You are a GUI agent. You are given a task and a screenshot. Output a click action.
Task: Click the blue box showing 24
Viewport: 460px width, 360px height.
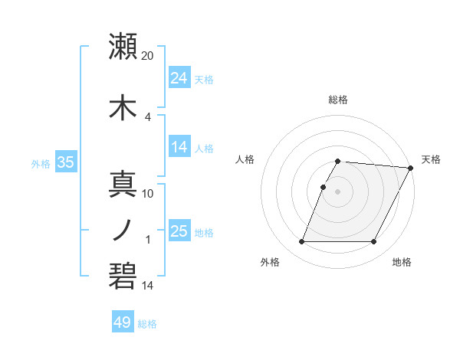click(x=179, y=78)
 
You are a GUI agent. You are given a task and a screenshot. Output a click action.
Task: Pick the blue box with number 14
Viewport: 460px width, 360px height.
click(x=179, y=148)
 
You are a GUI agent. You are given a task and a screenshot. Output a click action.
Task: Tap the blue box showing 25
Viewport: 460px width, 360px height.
click(x=179, y=231)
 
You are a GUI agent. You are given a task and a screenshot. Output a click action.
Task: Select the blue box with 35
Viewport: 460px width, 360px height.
click(x=66, y=162)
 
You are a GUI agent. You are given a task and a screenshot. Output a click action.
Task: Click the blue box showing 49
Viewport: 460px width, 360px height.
click(x=123, y=322)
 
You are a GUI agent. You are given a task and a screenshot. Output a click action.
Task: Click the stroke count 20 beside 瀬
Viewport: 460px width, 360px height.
click(x=149, y=55)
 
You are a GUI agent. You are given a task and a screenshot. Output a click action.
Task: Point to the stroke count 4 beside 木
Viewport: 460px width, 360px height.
click(x=148, y=116)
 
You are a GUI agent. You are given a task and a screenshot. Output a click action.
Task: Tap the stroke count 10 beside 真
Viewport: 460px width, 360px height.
click(x=149, y=193)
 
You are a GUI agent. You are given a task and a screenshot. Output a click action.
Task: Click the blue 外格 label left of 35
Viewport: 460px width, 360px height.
click(x=41, y=163)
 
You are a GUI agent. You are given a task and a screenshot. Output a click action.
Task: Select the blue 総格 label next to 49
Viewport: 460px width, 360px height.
click(x=147, y=324)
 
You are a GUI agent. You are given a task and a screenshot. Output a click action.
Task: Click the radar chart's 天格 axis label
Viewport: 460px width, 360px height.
click(x=431, y=159)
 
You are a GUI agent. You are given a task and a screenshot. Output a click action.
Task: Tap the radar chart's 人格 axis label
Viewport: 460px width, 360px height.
click(x=245, y=159)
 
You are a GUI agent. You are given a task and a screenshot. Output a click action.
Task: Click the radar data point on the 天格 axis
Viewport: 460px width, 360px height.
click(x=411, y=168)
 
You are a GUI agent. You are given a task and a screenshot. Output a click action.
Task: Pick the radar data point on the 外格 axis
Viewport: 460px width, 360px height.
click(x=301, y=242)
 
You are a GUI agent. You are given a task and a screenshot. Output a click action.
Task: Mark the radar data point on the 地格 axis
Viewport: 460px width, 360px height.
click(x=374, y=242)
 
